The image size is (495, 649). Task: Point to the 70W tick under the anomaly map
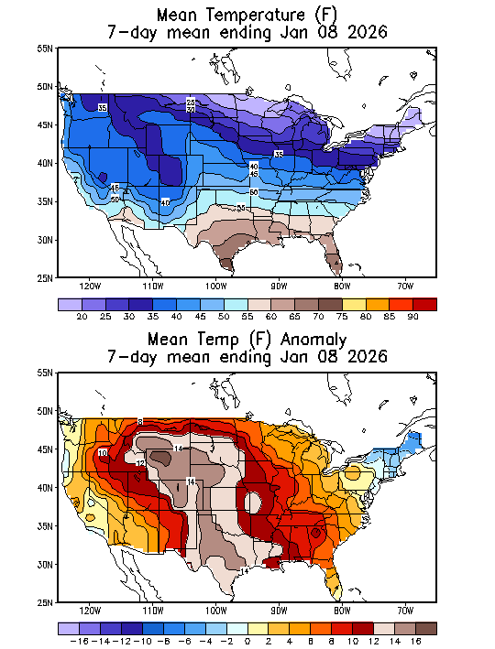tap(405, 611)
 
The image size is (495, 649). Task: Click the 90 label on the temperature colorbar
tap(413, 316)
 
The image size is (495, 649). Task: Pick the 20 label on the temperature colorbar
tap(81, 316)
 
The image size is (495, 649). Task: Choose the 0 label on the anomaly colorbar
tap(247, 642)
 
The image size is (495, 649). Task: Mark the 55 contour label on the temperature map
tap(241, 209)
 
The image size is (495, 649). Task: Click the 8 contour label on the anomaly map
tap(140, 421)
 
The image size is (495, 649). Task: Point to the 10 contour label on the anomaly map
tap(103, 453)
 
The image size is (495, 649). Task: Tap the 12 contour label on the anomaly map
tap(140, 464)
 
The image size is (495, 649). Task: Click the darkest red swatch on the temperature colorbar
tap(424, 303)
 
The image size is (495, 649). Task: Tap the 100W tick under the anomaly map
tap(216, 611)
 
